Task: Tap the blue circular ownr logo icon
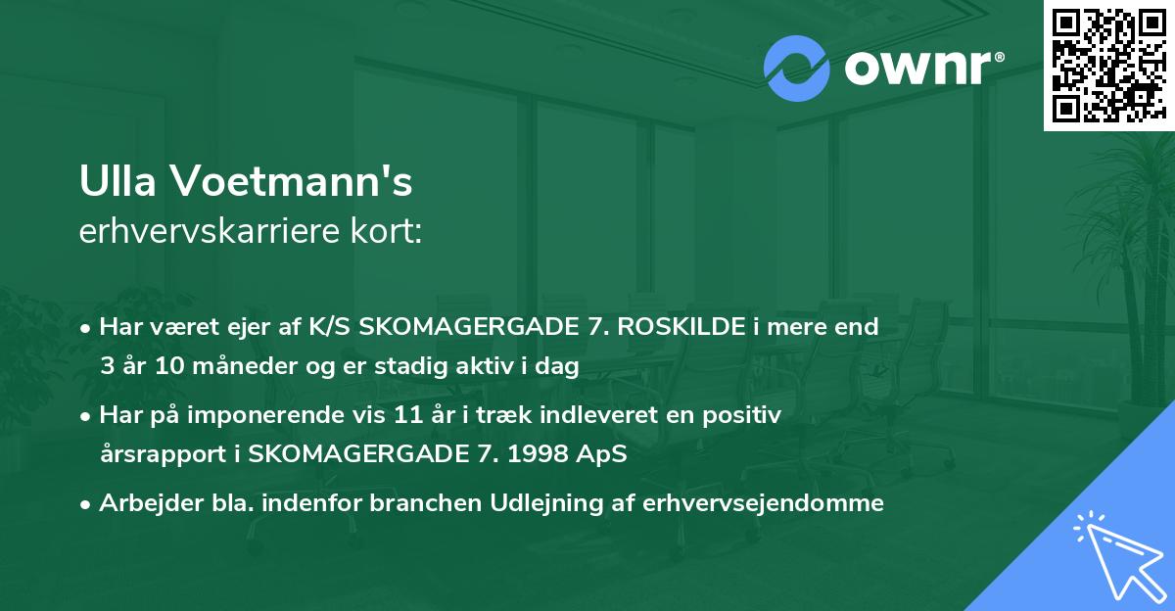pos(796,69)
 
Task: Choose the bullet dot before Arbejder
pos(88,504)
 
